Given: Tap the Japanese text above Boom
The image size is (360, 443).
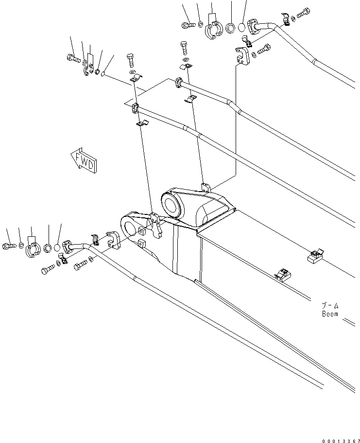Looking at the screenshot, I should pos(330,305).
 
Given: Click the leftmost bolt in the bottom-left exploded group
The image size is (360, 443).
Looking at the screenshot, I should pos(10,245).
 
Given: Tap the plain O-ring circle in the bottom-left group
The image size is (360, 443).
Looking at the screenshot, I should pos(57,248).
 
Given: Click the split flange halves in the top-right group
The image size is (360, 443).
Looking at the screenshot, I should pos(213,30).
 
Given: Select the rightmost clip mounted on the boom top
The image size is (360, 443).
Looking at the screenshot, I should pos(315,255).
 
